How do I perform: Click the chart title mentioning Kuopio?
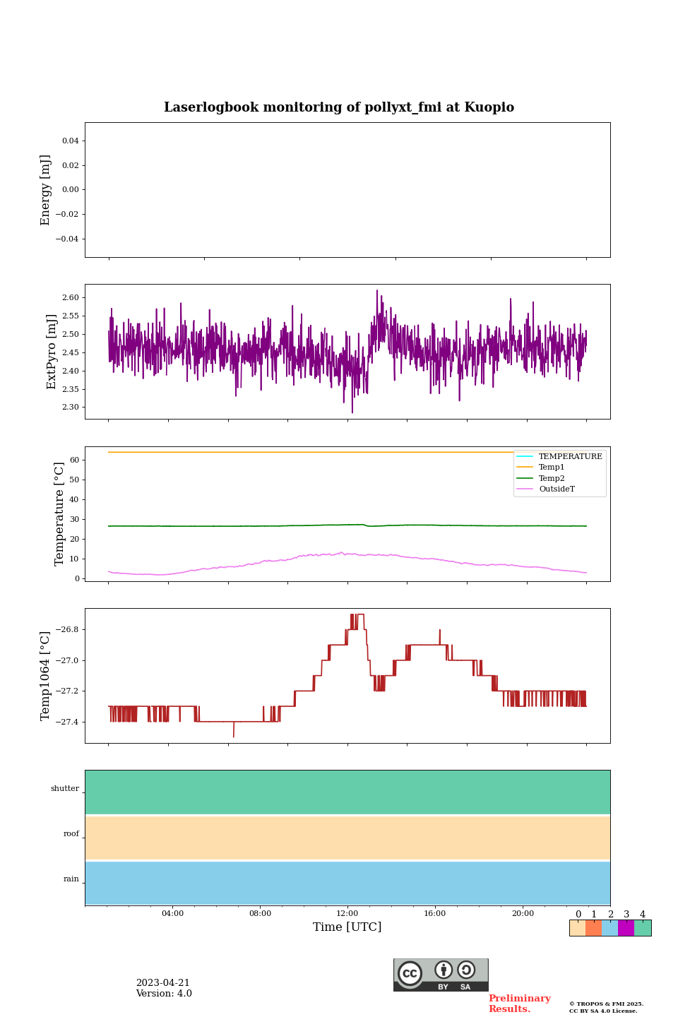coord(339,107)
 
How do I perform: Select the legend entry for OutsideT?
coord(557,489)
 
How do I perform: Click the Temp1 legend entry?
coord(552,468)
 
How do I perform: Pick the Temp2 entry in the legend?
coord(552,478)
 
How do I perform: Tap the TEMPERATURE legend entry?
coord(570,457)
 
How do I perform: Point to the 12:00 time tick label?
coord(347,914)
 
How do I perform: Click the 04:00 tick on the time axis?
coord(172,914)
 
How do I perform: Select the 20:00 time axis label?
coord(523,914)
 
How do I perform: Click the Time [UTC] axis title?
coord(347,927)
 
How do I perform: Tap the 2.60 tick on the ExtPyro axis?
coord(71,298)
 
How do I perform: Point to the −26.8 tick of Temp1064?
coord(66,630)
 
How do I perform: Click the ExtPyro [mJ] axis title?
coord(52,352)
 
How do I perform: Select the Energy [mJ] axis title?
coord(46,190)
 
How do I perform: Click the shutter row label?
coord(65,789)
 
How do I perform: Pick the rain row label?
coord(71,879)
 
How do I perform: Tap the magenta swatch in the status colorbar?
coord(626,928)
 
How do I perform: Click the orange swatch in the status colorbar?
coord(593,928)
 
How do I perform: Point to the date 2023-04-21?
coord(163,983)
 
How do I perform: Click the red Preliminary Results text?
coord(519,1004)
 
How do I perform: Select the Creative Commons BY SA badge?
coord(441,975)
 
